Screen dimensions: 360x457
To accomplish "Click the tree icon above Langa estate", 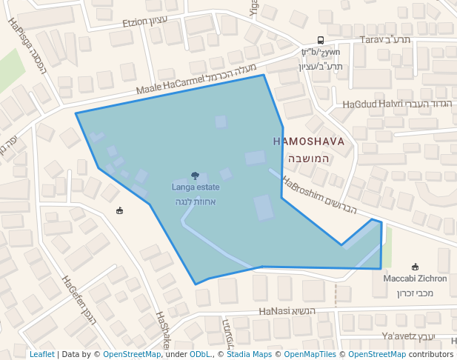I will point(195,176).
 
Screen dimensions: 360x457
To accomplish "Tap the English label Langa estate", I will point(196,187).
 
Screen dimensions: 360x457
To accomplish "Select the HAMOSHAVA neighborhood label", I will point(309,141).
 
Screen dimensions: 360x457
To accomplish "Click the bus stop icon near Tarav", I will point(321,40).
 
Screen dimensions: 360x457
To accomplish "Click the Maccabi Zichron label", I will point(415,279).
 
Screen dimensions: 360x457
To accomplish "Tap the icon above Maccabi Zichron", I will point(415,267).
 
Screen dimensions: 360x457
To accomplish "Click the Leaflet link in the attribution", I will point(41,354).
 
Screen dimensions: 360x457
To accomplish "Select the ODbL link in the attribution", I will point(200,354).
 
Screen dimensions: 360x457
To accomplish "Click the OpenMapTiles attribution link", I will point(309,354).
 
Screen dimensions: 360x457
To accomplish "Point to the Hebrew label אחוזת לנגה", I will point(196,201).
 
